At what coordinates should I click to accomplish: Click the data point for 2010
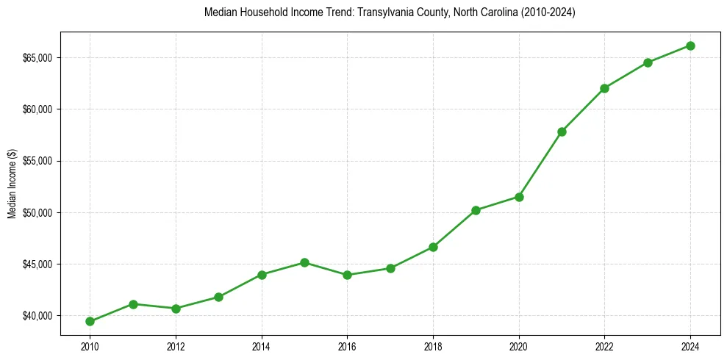(90, 321)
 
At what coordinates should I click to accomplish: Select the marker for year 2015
(304, 262)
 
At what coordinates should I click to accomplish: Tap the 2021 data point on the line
(562, 132)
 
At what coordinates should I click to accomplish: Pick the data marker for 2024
(690, 46)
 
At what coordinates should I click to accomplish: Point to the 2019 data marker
(476, 210)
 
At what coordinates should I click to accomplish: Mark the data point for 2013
(218, 297)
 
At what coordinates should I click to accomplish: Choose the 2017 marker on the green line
(390, 268)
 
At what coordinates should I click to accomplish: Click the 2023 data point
(648, 62)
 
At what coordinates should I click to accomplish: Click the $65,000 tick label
(37, 58)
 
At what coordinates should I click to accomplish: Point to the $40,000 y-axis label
(37, 316)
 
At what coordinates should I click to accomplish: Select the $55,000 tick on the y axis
(37, 161)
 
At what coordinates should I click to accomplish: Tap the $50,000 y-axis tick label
(37, 213)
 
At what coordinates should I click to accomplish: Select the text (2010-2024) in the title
(548, 12)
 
